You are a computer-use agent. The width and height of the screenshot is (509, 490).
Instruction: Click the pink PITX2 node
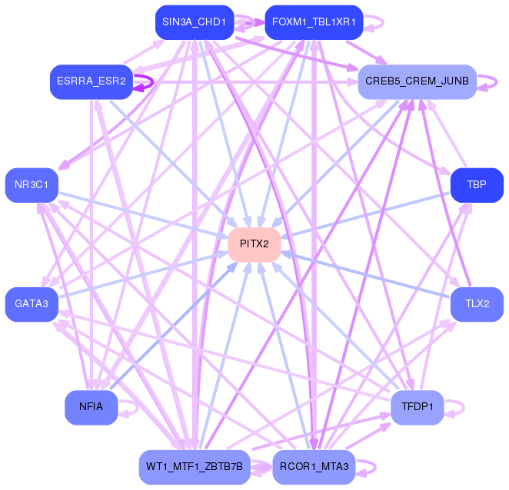click(254, 244)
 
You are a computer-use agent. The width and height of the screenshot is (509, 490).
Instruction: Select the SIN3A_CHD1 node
click(194, 22)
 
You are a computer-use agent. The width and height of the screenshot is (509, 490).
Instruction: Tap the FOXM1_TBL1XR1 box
click(313, 22)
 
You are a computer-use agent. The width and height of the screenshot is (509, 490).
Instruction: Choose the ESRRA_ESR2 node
click(91, 82)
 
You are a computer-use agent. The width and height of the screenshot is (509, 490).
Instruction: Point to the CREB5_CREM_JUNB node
click(418, 82)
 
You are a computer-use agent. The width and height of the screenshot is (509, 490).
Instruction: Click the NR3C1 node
click(32, 185)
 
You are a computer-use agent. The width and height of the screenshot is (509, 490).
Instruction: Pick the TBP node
click(477, 185)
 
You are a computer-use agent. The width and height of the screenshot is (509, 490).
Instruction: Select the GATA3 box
click(32, 304)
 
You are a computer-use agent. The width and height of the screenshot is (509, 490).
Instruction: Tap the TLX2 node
click(477, 304)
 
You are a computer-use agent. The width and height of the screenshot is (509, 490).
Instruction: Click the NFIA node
click(91, 407)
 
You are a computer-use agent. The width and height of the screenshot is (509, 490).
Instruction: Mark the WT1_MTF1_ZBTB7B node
click(194, 467)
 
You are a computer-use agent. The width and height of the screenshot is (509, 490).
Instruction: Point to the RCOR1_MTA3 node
click(313, 467)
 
